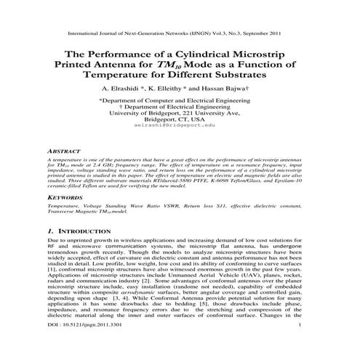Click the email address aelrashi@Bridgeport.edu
180,126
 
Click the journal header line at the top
180,33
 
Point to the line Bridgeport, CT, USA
180,119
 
